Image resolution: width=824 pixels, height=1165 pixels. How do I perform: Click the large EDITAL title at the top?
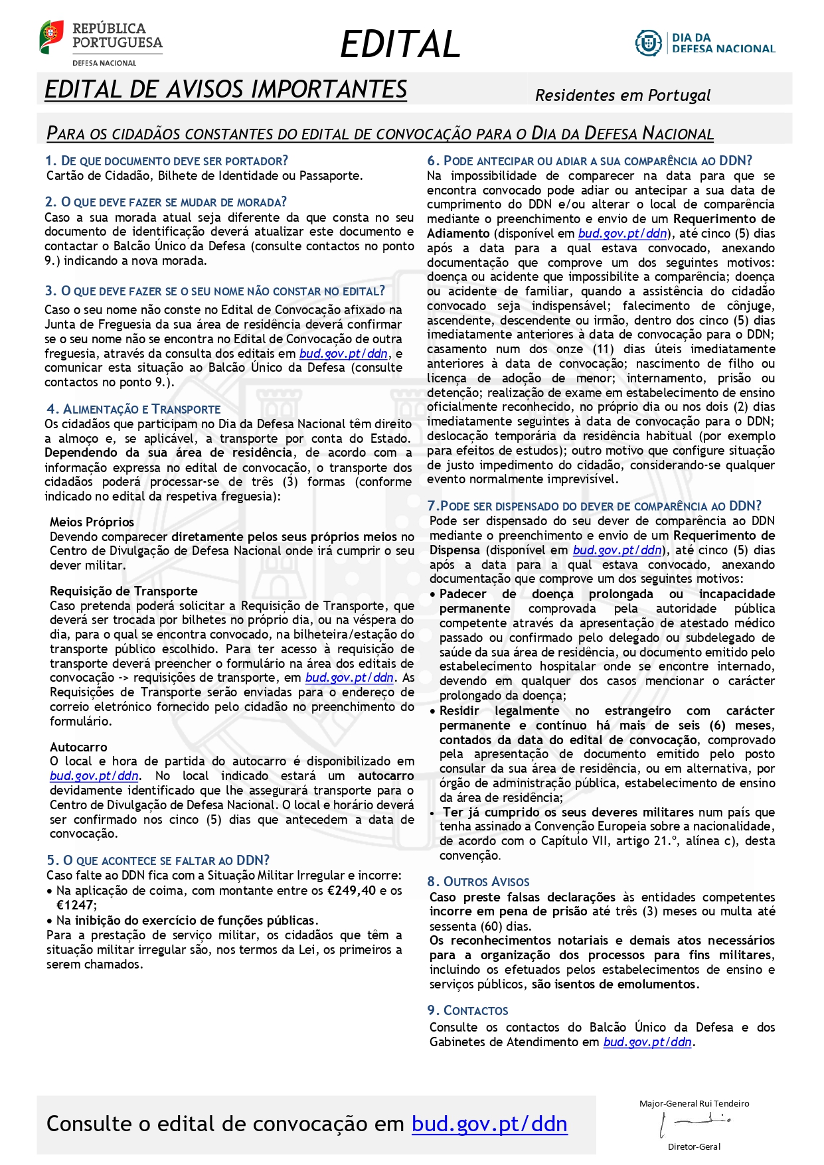400,44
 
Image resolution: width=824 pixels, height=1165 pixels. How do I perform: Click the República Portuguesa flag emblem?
51,37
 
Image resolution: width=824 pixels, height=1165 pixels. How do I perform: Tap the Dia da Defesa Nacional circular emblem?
647,43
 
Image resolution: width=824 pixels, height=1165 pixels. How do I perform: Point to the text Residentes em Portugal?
622,96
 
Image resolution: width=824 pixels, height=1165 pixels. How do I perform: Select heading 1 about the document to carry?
167,161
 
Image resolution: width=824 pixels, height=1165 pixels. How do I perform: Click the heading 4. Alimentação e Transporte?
133,409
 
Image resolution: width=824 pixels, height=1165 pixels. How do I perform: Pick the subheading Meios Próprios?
92,522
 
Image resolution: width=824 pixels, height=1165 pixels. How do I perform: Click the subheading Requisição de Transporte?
124,591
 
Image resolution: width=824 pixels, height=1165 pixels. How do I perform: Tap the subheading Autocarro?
78,747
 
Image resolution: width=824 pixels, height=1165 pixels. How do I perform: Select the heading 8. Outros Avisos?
478,882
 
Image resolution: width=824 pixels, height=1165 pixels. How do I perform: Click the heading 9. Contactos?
467,1010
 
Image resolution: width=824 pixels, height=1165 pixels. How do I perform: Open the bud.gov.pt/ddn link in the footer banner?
489,1124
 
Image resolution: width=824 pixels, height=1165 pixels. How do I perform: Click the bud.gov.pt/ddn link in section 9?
647,1042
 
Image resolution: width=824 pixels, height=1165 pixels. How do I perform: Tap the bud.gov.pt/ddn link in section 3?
343,353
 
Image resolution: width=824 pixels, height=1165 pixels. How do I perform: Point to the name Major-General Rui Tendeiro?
694,1103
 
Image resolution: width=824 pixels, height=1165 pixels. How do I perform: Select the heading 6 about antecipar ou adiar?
590,161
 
